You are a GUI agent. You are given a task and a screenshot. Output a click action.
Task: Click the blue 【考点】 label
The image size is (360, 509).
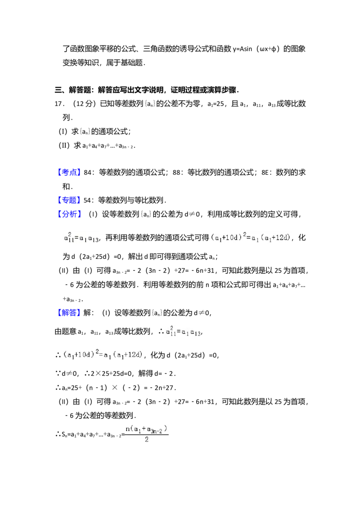click(x=69, y=172)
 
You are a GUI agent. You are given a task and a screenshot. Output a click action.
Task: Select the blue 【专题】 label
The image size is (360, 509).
click(x=69, y=200)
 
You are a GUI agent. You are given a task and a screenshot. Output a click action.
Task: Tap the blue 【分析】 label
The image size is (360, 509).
click(x=69, y=214)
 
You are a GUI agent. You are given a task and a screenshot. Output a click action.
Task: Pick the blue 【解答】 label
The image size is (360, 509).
click(x=69, y=312)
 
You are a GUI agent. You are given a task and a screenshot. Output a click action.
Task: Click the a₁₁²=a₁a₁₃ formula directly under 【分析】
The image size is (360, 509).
click(x=81, y=237)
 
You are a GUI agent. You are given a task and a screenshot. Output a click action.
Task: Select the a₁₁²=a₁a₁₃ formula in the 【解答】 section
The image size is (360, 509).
click(x=182, y=331)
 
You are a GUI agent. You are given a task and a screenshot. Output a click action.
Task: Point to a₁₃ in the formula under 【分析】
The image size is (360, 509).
click(x=94, y=239)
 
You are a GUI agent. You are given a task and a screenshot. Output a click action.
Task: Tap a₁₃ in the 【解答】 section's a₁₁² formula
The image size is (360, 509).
click(x=195, y=333)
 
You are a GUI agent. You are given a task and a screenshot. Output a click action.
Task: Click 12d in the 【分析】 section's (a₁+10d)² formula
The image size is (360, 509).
click(x=282, y=237)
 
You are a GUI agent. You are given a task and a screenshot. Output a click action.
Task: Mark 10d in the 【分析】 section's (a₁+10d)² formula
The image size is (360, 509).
click(x=232, y=237)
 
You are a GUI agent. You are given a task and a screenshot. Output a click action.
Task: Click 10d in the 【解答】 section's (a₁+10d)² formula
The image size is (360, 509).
click(x=85, y=355)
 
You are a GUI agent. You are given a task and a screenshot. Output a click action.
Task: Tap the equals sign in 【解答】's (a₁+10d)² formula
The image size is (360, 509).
click(x=100, y=354)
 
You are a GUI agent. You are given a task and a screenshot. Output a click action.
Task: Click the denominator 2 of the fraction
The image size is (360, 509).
click(x=147, y=440)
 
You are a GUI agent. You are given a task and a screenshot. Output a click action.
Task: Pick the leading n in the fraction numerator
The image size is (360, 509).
click(x=127, y=429)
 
